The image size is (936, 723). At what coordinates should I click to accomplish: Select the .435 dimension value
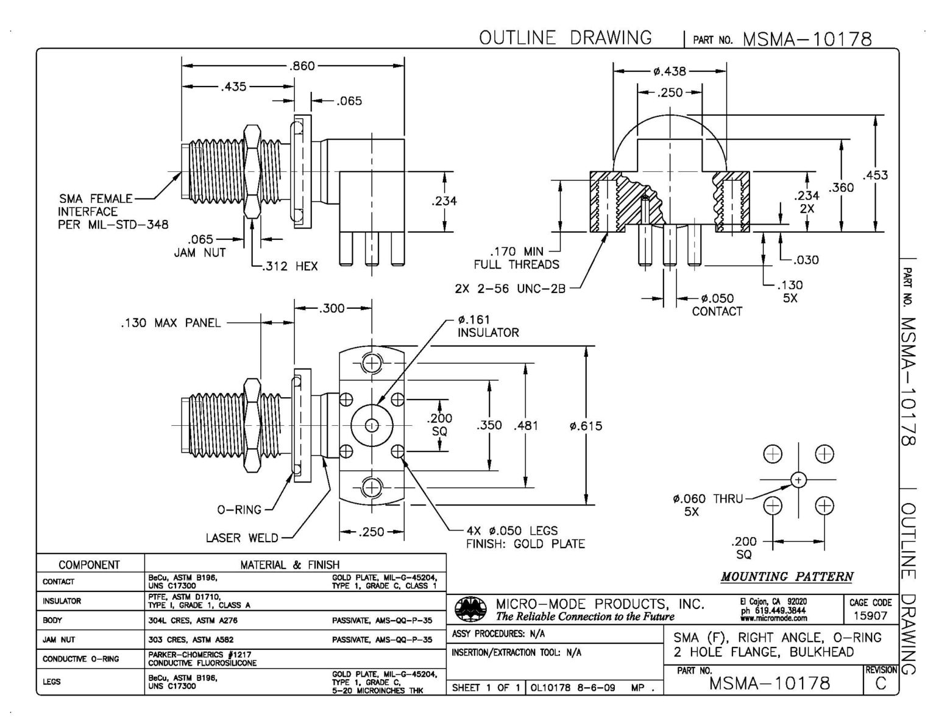tap(233, 86)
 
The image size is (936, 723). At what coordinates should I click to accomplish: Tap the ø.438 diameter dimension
tap(669, 71)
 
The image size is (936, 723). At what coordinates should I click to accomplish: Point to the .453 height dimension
tap(875, 175)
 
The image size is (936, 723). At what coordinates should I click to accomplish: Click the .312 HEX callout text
tap(290, 266)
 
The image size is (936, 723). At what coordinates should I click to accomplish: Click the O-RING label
tap(239, 510)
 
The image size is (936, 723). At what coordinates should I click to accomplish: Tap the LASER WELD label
tap(242, 538)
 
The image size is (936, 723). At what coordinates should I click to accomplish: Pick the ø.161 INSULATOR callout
tap(488, 326)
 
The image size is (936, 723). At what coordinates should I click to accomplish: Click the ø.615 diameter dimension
tap(586, 426)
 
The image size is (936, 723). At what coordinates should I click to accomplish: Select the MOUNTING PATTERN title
tap(787, 576)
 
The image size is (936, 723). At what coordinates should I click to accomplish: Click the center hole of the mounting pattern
tap(798, 480)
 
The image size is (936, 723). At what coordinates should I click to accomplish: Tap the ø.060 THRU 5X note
tap(707, 505)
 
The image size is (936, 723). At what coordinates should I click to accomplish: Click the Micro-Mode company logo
tap(471, 609)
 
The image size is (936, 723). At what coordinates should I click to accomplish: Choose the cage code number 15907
tap(870, 616)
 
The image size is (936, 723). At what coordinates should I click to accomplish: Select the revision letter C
tap(881, 683)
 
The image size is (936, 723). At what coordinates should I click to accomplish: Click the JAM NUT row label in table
tap(59, 640)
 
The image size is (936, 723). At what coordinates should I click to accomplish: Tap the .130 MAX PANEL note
tap(170, 323)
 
